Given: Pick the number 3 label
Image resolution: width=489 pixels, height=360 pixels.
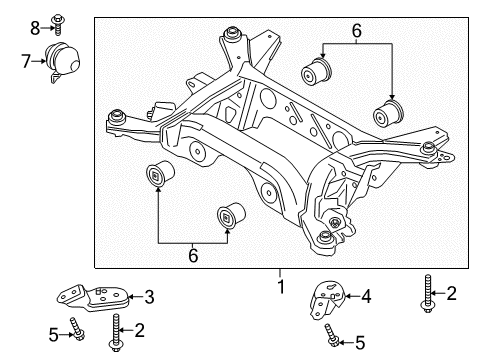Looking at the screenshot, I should (149, 296).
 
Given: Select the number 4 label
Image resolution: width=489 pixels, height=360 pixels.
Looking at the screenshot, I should (366, 296).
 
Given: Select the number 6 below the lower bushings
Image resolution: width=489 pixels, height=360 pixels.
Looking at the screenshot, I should (192, 256).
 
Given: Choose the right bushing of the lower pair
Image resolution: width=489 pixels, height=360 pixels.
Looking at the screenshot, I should (231, 215).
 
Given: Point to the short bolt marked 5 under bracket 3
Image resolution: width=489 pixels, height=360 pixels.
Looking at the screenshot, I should (78, 329).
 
